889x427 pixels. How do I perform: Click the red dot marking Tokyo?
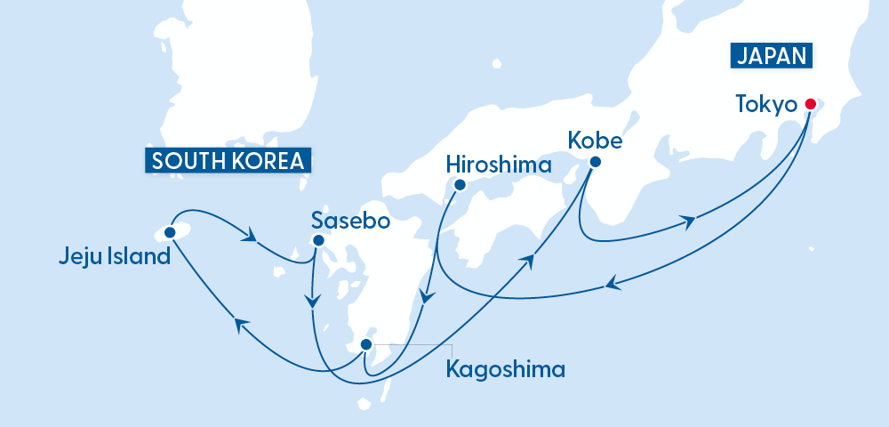[810, 104]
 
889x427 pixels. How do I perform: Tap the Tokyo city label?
[765, 105]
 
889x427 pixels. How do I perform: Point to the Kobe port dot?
[595, 162]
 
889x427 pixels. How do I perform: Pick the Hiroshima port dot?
[460, 185]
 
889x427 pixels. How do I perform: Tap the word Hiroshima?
[499, 165]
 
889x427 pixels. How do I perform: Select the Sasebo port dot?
[318, 240]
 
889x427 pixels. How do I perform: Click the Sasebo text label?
[351, 221]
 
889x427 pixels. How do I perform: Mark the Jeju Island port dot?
[170, 231]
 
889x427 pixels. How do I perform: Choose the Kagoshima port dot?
[364, 345]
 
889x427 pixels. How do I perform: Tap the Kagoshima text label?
[505, 368]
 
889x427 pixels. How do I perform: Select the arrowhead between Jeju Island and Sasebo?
[252, 238]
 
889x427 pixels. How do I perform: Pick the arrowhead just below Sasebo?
[312, 302]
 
